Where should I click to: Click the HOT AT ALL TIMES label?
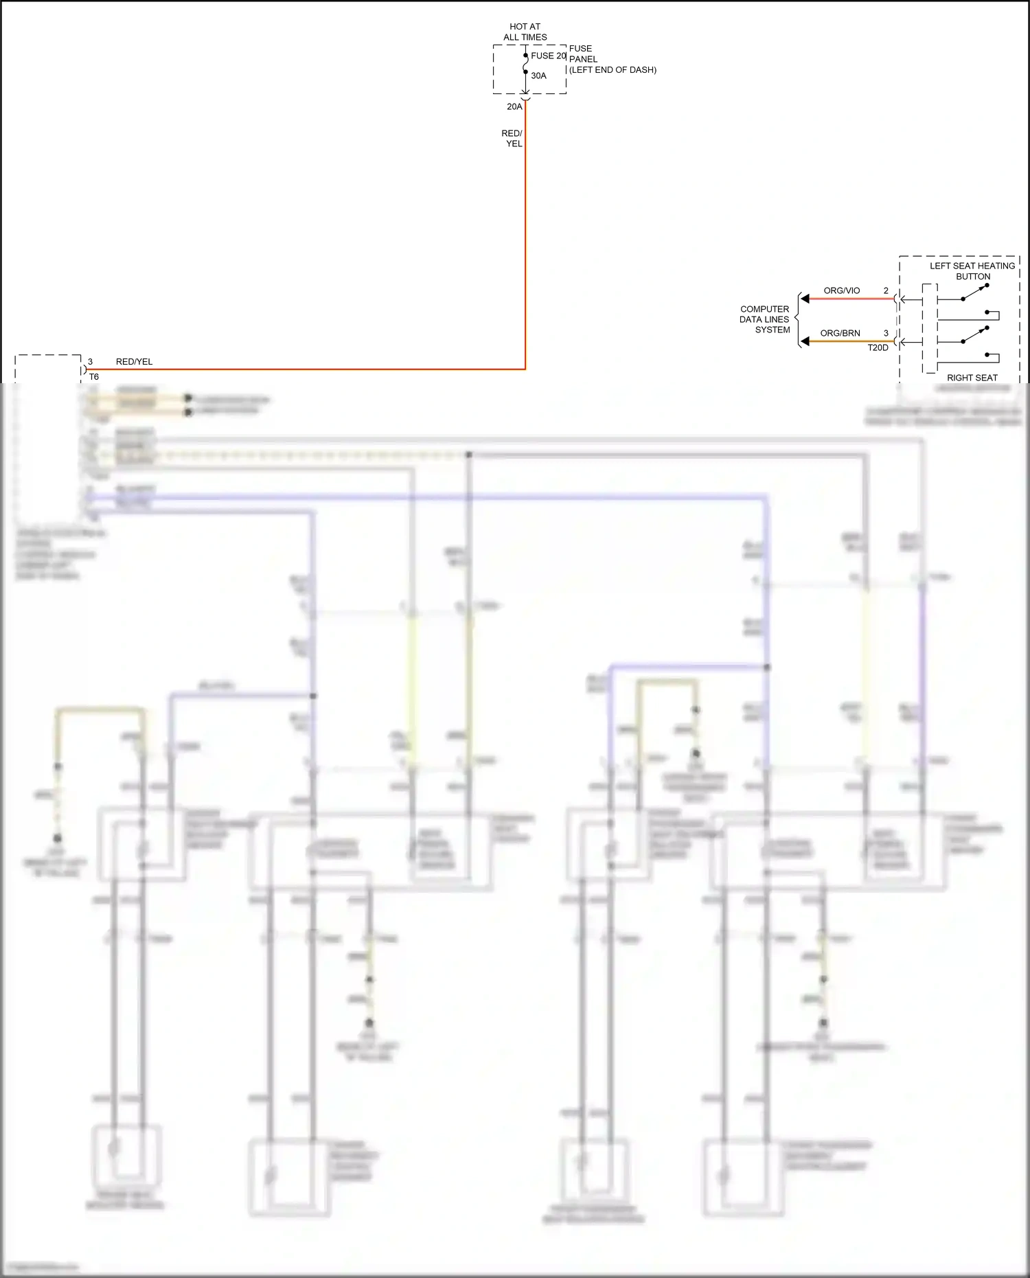(x=525, y=32)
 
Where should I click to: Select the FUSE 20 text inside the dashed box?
(x=548, y=56)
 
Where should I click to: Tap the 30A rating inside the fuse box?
(x=538, y=76)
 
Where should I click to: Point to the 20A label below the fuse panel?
(x=514, y=106)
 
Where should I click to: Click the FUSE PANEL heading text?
(x=582, y=54)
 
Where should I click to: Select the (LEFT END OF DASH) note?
(x=613, y=70)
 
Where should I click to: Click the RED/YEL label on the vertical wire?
(x=512, y=138)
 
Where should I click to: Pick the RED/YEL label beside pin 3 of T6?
(x=134, y=361)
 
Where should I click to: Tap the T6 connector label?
(x=94, y=376)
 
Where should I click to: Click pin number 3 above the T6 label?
(x=90, y=361)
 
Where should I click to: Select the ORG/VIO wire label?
(x=841, y=290)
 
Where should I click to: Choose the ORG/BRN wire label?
(x=840, y=333)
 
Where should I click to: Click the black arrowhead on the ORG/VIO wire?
(x=805, y=299)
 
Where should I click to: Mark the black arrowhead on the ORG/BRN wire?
(x=805, y=341)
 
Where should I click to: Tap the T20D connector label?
(x=878, y=347)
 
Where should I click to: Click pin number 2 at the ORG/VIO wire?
(x=886, y=290)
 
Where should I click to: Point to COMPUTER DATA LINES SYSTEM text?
(x=764, y=319)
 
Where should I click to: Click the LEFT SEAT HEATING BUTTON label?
(x=972, y=271)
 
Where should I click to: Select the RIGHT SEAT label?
(x=972, y=378)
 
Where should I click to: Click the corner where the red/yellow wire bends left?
(x=525, y=369)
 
